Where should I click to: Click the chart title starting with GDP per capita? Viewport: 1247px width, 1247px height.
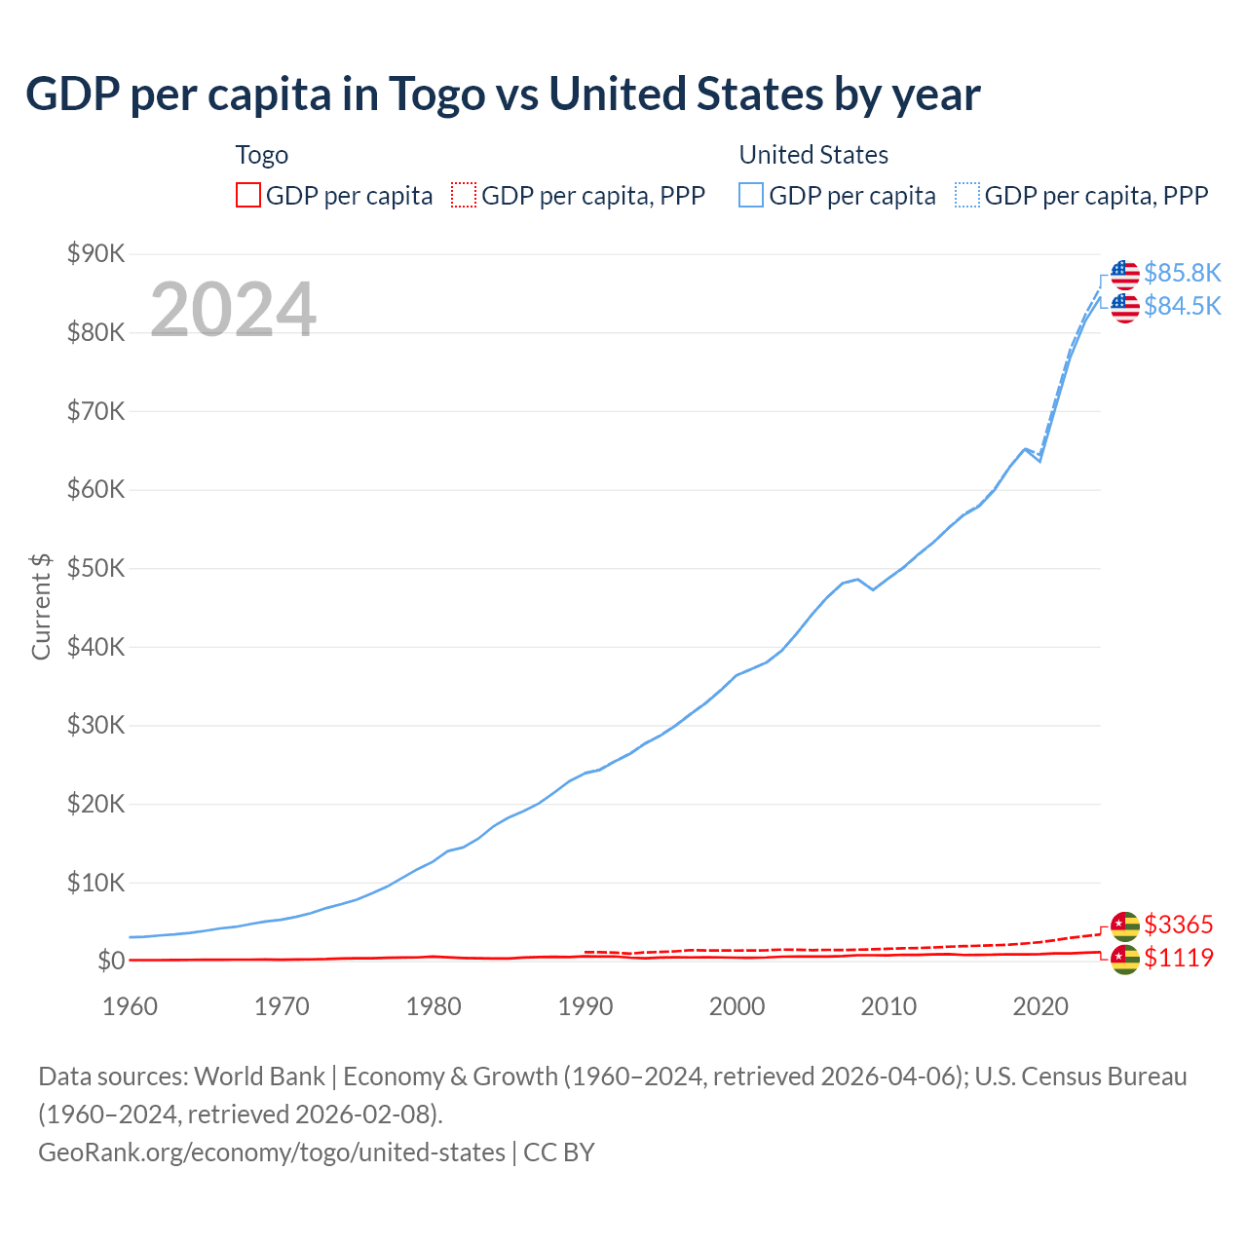coord(503,94)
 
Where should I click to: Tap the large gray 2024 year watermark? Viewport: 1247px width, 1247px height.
coord(233,310)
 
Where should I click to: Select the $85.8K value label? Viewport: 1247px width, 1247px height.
coord(1182,273)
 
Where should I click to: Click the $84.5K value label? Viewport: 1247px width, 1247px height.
coord(1182,306)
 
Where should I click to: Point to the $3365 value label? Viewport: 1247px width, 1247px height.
coord(1178,925)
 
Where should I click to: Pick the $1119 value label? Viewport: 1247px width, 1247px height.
coord(1178,958)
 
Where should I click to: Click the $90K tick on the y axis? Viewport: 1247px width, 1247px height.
coord(95,254)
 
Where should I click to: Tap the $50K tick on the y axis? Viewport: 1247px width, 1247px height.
coord(95,569)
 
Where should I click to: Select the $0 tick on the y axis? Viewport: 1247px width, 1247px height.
coord(111,962)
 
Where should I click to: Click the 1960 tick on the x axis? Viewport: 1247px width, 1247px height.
coord(130,1006)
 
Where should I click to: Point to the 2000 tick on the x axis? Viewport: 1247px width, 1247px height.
coord(737,1006)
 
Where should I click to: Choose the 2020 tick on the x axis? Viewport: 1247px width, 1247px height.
coord(1040,1006)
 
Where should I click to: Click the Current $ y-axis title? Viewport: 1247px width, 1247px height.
coord(41,607)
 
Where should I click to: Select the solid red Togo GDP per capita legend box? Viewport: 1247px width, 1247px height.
coord(248,196)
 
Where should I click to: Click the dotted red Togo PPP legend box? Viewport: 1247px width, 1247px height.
coord(464,196)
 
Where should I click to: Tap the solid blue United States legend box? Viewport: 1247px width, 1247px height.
coord(751,196)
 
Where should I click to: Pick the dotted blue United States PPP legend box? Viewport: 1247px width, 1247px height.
coord(967,196)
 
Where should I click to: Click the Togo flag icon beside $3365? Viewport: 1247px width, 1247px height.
coord(1125,926)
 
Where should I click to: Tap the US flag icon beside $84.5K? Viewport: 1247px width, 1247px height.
coord(1125,308)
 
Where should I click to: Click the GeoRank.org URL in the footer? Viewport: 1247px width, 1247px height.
coord(272,1153)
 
